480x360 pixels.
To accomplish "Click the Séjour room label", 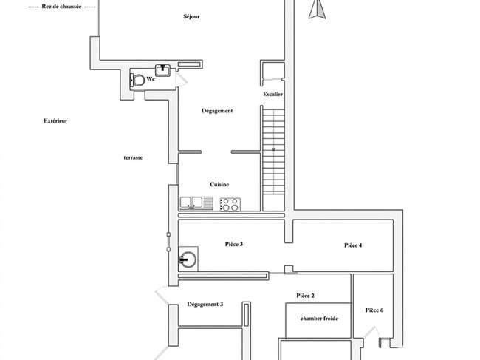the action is point(191,16).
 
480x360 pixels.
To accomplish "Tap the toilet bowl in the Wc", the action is point(138,81).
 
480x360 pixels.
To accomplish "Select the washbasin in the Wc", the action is point(163,70).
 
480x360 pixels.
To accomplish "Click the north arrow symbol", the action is point(317,9).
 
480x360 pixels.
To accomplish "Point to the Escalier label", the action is point(272,94).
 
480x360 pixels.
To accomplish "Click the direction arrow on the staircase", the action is point(273,149).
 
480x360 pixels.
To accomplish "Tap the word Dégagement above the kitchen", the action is point(217,111).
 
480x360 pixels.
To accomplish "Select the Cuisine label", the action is point(219,184).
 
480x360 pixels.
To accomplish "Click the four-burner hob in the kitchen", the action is point(230,204).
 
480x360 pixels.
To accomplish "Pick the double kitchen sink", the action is point(196,203).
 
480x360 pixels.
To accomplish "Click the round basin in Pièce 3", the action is point(188,259).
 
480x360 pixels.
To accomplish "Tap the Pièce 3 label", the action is point(234,244).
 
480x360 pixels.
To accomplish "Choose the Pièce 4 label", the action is point(353,245).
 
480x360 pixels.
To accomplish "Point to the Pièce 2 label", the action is point(305,296).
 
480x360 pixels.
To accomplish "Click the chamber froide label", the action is point(319,319).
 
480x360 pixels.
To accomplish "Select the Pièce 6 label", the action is point(374,310).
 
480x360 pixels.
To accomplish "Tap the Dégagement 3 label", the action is point(205,305).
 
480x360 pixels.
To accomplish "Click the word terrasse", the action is point(133,157).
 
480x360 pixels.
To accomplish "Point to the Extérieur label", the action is point(55,120).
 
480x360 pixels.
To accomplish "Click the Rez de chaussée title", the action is point(61,7).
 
